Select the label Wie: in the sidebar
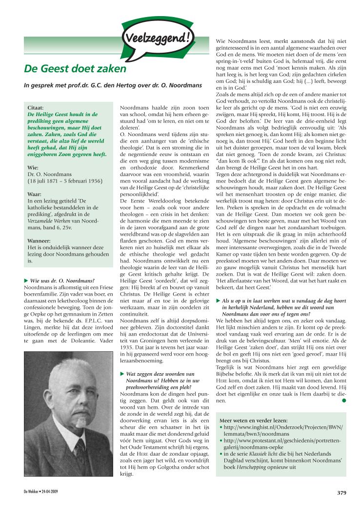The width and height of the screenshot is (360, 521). (33, 167)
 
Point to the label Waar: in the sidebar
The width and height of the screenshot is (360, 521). (35, 193)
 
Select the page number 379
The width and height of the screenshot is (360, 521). (341, 493)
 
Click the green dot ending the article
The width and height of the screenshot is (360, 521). (343, 401)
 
